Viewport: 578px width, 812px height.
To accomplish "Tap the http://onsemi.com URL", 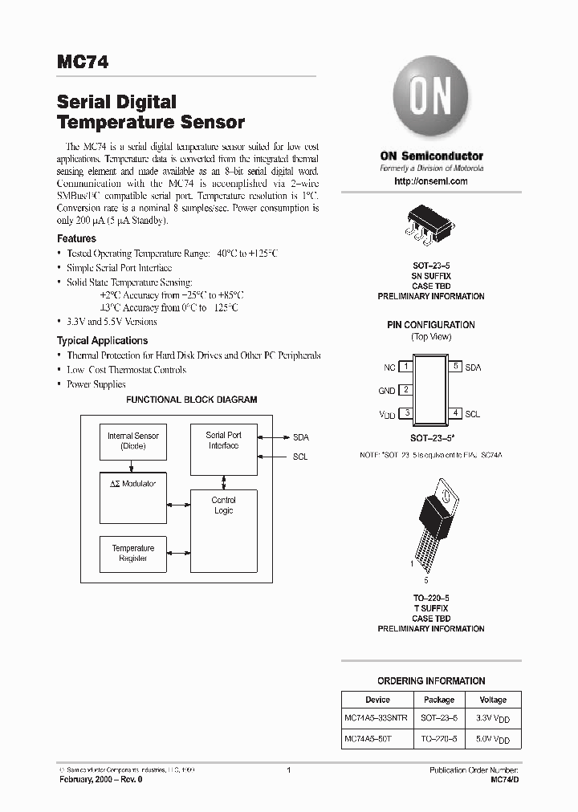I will coord(430,181).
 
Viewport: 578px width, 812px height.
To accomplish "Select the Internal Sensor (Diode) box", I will coord(132,441).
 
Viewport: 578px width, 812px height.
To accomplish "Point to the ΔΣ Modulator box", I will coord(132,496).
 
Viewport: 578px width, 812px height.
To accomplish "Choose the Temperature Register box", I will coord(132,553).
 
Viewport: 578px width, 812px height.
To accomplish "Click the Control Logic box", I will coord(223,530).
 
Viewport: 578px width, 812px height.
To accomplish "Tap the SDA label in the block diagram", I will coord(300,437).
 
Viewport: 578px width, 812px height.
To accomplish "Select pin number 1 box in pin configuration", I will coord(406,367).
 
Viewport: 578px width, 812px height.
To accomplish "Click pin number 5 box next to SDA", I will coord(455,367).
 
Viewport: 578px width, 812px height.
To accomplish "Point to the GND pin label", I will coord(386,391).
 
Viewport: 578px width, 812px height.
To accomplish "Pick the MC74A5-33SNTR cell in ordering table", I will coord(376,717).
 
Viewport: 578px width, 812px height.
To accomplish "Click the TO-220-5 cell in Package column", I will coord(439,739).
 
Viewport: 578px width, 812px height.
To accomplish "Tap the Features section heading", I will coord(76,238).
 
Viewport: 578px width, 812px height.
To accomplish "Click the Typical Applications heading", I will coord(102,340).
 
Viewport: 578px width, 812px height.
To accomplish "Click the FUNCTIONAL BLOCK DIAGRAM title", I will coord(192,400).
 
